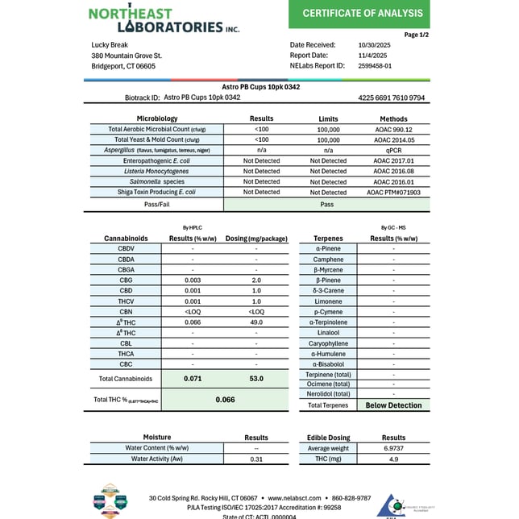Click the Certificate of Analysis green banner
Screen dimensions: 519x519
point(362,14)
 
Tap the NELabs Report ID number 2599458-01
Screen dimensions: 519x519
point(376,66)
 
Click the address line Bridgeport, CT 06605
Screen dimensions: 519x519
point(123,66)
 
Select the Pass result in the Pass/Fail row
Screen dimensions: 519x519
point(326,205)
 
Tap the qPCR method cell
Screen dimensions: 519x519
point(392,150)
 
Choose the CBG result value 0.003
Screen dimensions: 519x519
point(192,280)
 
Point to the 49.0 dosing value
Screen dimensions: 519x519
point(255,322)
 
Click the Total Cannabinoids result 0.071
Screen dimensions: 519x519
point(192,378)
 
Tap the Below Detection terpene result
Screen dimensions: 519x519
point(393,405)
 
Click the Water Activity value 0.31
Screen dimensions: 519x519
point(255,459)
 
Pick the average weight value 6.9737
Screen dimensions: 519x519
point(393,448)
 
